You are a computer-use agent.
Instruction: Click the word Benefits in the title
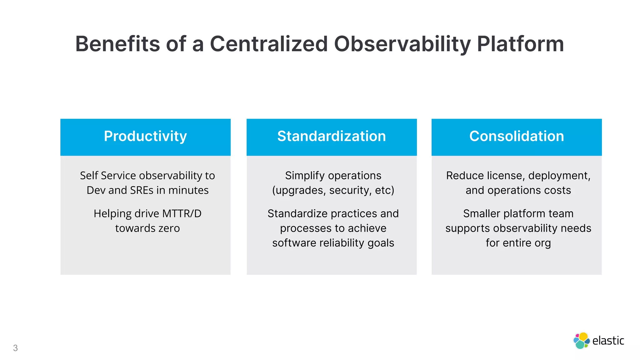pyautogui.click(x=117, y=44)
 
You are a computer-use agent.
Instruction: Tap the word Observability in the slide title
pyautogui.click(x=402, y=44)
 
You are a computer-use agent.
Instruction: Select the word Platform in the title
pyautogui.click(x=520, y=44)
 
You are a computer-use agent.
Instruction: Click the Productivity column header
pyautogui.click(x=145, y=136)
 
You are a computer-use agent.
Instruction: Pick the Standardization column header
pyautogui.click(x=332, y=136)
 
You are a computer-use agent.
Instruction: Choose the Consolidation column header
pyautogui.click(x=517, y=136)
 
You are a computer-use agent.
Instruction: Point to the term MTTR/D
pyautogui.click(x=182, y=214)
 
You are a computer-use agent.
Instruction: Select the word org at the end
pyautogui.click(x=542, y=243)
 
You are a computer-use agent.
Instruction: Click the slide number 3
pyautogui.click(x=15, y=348)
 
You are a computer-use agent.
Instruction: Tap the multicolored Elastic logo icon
pyautogui.click(x=581, y=341)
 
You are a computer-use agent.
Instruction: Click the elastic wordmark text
pyautogui.click(x=608, y=341)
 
